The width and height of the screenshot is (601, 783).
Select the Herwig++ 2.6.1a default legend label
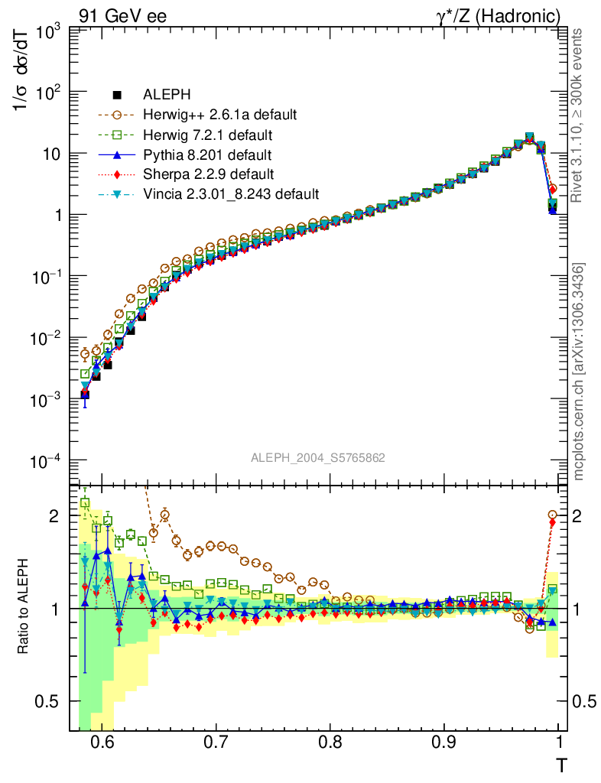tap(219, 115)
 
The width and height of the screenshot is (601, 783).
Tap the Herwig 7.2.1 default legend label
tap(207, 135)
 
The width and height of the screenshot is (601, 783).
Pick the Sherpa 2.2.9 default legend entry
tap(208, 174)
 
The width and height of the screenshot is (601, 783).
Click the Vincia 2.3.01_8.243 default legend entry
tap(230, 194)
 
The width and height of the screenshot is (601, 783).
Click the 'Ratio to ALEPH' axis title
tap(24, 609)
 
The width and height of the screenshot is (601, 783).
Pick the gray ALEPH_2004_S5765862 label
tap(317, 458)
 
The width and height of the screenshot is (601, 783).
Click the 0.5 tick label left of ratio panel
tap(50, 701)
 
